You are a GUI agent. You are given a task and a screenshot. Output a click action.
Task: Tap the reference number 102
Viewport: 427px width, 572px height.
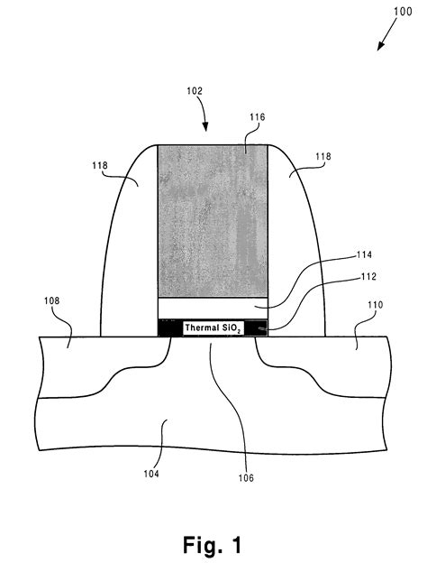(195, 92)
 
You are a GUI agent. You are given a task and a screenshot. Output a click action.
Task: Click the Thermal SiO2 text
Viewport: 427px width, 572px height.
(214, 328)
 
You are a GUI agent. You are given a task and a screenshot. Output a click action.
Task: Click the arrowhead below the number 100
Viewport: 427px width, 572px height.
(378, 45)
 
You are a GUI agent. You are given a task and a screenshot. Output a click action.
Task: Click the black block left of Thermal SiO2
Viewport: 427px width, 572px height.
(168, 328)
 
